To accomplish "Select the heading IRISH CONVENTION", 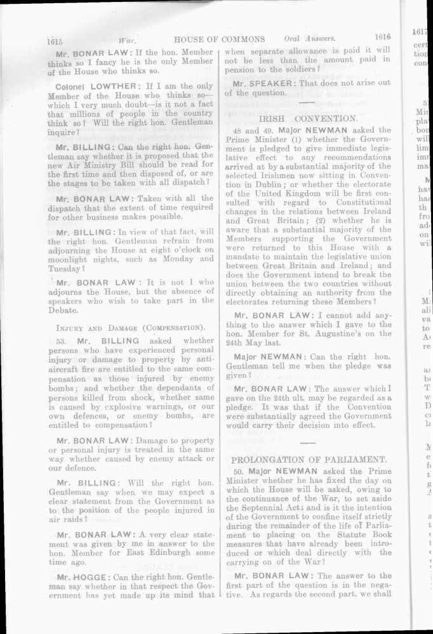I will [308, 118].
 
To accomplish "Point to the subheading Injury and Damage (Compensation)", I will [131, 327].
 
